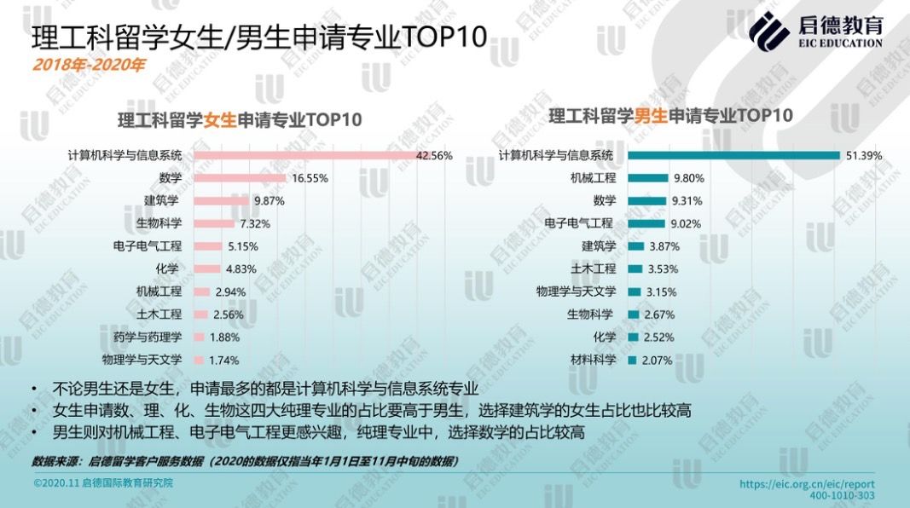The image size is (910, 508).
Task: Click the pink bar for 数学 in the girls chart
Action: click(241, 178)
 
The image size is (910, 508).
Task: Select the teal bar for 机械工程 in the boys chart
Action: click(646, 178)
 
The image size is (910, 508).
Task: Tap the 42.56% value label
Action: click(433, 156)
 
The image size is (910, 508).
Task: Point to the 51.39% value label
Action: click(863, 155)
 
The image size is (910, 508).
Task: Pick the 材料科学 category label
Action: click(593, 360)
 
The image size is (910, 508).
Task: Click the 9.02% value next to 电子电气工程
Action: click(687, 223)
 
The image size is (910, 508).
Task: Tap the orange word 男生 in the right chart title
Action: click(650, 116)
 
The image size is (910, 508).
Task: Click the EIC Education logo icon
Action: click(769, 32)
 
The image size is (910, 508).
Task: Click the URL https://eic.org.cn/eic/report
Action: click(806, 483)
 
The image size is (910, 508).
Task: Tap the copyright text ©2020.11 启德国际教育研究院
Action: click(103, 482)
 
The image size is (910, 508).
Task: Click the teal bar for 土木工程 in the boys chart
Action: click(635, 269)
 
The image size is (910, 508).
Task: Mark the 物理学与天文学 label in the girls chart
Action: click(142, 360)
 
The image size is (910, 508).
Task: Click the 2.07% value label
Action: click(656, 361)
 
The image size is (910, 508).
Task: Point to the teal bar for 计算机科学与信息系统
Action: click(733, 155)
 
